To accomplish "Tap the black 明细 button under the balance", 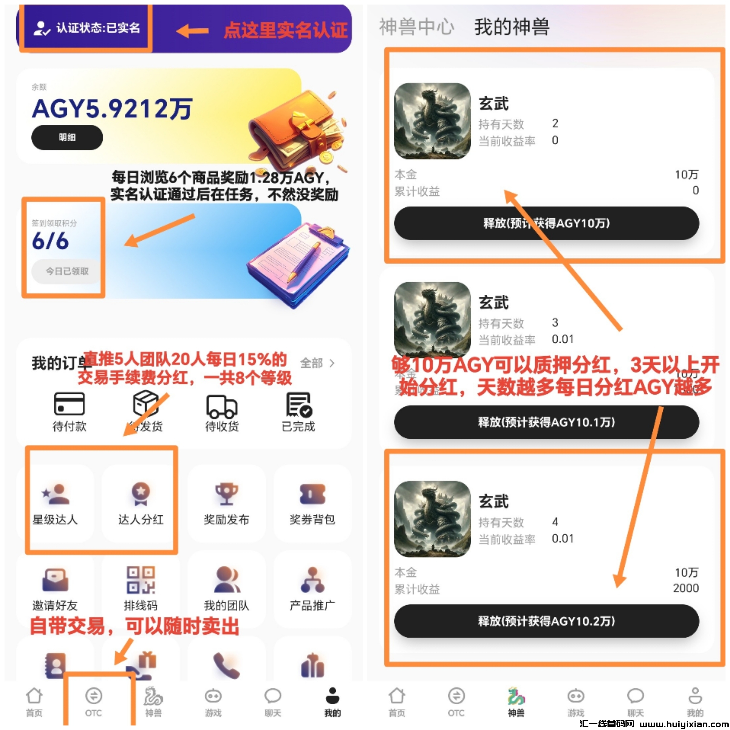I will point(67,138).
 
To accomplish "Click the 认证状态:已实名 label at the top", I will point(87,28).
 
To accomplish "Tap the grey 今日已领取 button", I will point(67,271).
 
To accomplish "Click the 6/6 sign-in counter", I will point(50,241).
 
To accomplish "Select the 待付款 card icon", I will point(69,404).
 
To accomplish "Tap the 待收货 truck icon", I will point(222,406).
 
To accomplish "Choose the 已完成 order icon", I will point(298,404).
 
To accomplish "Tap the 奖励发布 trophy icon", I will point(226,493).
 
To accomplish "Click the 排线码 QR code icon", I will point(141,580).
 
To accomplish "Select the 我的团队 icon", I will point(226,580).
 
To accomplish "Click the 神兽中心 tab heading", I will point(416,27).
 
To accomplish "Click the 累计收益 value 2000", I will point(685,588).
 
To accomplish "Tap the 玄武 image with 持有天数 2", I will point(432,121).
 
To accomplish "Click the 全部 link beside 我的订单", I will point(317,363).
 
